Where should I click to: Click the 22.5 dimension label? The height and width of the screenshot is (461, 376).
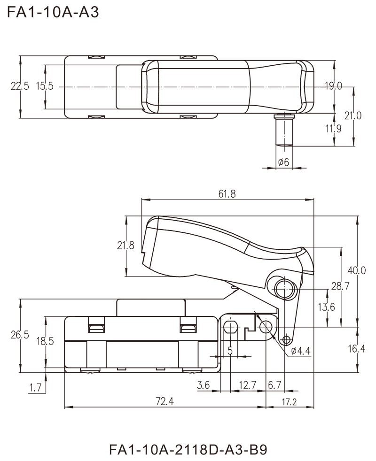pos(19,86)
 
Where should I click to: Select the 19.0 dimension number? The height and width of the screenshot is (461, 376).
pos(334,86)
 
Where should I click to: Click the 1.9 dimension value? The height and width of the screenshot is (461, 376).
pos(335,127)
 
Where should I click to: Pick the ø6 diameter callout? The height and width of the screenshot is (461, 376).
pos(284,162)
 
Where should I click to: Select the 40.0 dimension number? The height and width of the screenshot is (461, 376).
pos(355,271)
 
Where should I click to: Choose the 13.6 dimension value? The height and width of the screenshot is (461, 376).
pos(328,307)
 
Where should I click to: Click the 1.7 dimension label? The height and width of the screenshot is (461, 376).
pos(37,388)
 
